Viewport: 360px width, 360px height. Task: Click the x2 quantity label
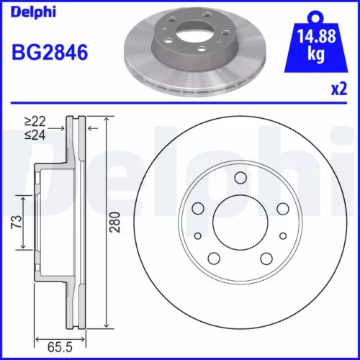(x=338, y=90)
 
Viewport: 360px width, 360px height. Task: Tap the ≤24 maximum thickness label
(x=32, y=134)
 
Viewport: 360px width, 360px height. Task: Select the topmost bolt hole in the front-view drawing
(x=239, y=178)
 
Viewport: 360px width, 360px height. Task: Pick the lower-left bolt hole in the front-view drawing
(x=213, y=258)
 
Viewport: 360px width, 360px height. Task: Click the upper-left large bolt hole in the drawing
(x=198, y=208)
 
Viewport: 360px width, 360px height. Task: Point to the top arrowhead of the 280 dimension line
(x=107, y=120)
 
